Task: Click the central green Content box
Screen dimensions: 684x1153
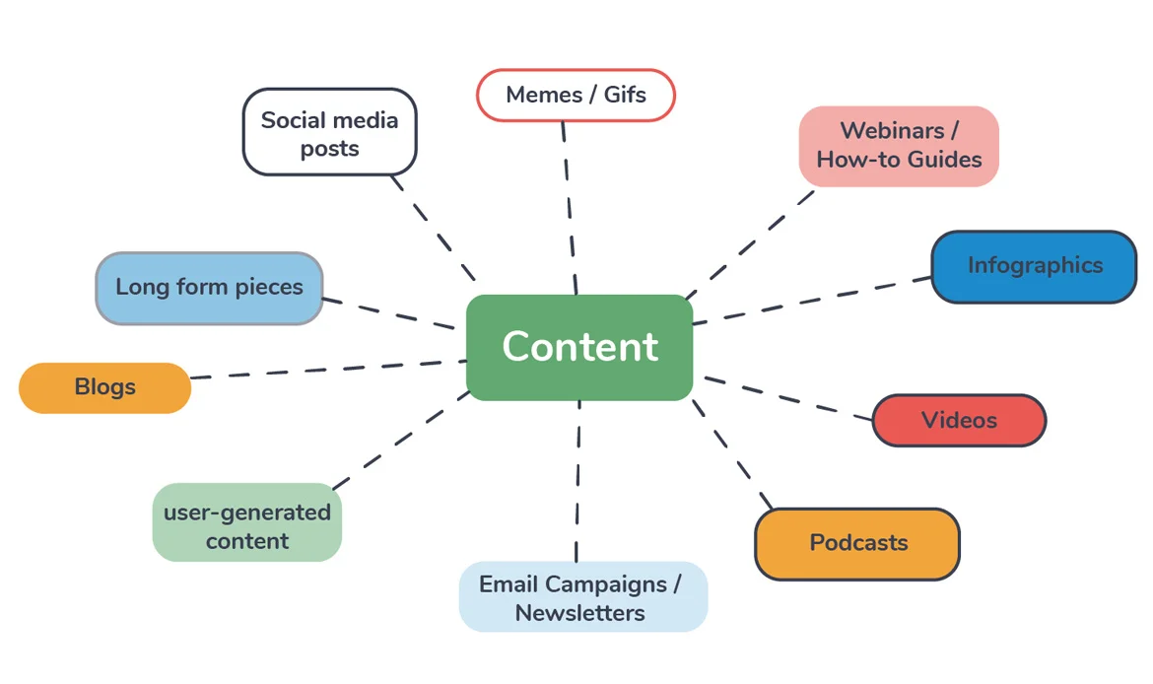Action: click(579, 347)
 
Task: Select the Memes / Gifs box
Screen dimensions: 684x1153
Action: click(576, 96)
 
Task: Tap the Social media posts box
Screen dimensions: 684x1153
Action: click(329, 133)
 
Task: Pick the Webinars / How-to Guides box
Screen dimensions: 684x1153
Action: click(899, 146)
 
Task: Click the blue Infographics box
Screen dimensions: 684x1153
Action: click(1034, 266)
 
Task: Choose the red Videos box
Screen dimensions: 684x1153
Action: click(959, 421)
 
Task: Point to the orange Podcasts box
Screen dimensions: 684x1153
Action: click(857, 543)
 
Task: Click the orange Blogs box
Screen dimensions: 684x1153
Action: click(104, 387)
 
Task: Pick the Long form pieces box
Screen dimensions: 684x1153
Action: click(209, 288)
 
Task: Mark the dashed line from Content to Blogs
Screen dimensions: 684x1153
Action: click(325, 370)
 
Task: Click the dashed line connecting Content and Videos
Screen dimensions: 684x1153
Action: click(788, 398)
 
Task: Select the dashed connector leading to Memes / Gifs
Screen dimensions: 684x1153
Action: click(569, 207)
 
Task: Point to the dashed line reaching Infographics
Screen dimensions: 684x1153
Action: click(813, 300)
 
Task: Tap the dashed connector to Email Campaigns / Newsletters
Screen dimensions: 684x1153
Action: click(578, 483)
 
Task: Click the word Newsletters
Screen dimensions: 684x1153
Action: click(579, 613)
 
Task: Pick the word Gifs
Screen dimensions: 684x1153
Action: click(625, 96)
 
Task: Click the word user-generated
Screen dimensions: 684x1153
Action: click(247, 513)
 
